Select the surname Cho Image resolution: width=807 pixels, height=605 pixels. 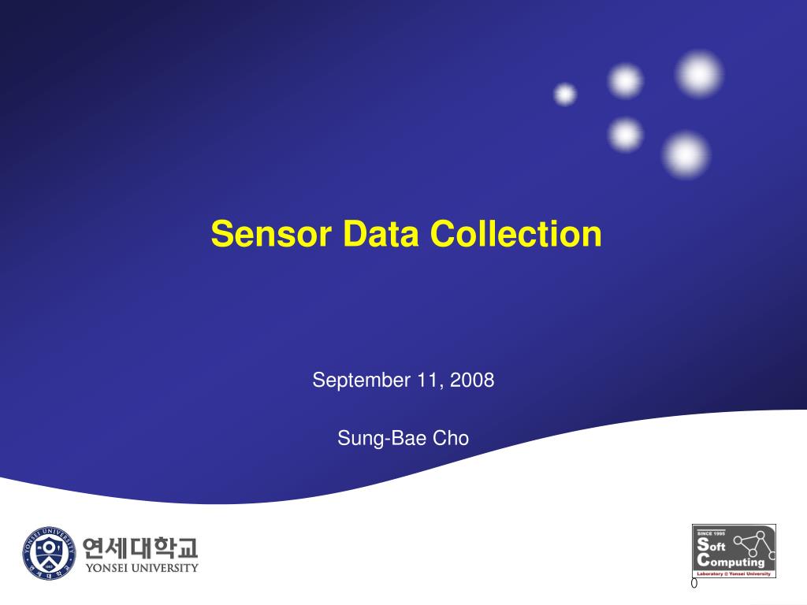[x=452, y=439]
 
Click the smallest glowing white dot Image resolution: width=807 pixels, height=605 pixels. [x=564, y=95]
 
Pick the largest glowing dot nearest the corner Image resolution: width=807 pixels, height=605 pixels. [x=699, y=72]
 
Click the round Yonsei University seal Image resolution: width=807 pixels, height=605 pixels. [x=49, y=553]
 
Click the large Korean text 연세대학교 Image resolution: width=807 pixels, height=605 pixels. [x=140, y=547]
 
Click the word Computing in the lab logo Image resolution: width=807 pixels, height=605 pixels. [x=730, y=562]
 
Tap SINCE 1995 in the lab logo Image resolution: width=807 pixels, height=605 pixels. [x=710, y=533]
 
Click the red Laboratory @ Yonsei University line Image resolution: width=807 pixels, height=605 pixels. [x=734, y=573]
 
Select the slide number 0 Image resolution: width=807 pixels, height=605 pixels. [x=694, y=584]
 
